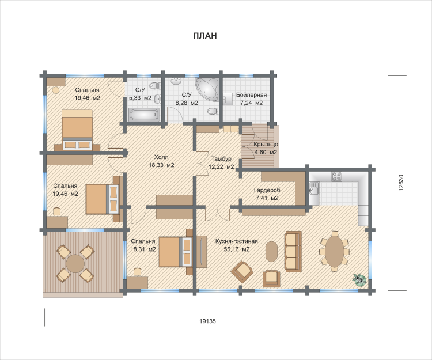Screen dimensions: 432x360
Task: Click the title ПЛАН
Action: click(x=204, y=36)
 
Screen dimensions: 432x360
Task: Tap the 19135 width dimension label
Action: click(x=207, y=321)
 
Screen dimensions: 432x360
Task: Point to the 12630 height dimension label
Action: click(x=400, y=183)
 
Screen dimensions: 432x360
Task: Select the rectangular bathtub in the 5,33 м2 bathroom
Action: click(x=144, y=114)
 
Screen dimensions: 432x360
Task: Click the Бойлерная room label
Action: click(x=251, y=95)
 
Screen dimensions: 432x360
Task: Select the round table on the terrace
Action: click(x=75, y=263)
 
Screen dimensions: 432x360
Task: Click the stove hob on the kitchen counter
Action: click(x=337, y=176)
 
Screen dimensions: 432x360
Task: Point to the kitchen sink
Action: click(x=314, y=188)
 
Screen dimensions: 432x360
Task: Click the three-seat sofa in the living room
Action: click(x=293, y=251)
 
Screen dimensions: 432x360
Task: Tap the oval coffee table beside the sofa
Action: click(x=272, y=251)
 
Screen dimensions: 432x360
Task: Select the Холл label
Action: click(x=161, y=157)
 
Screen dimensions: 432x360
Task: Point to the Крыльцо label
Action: click(x=266, y=145)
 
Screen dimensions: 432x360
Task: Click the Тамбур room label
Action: click(x=221, y=158)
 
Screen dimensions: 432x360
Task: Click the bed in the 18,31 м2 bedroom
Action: click(x=176, y=252)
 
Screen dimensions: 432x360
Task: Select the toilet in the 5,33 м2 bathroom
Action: click(x=155, y=86)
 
